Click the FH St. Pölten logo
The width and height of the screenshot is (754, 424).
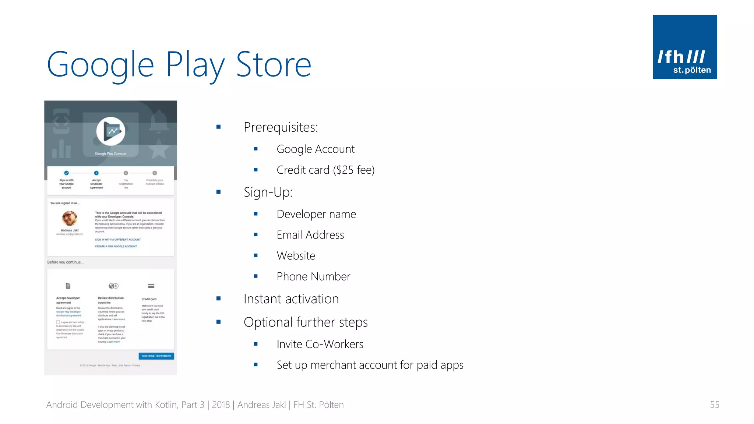(684, 47)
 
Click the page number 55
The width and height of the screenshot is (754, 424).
(714, 405)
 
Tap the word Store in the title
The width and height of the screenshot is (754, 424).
(274, 65)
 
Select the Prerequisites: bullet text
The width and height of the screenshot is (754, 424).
(281, 127)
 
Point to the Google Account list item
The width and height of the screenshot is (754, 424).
(316, 149)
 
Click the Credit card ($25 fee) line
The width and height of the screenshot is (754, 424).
(325, 170)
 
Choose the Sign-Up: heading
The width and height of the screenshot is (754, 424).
(268, 192)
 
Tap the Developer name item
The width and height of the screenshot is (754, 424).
(316, 214)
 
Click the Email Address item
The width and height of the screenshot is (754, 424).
(310, 235)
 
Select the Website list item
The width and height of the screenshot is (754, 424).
(296, 256)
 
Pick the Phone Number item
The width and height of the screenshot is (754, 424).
(313, 276)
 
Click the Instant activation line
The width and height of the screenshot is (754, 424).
(291, 299)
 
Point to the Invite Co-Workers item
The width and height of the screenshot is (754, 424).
(320, 344)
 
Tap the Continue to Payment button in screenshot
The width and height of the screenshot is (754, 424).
(156, 356)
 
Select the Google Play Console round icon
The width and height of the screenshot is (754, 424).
(111, 131)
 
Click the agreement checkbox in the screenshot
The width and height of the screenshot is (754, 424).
(58, 322)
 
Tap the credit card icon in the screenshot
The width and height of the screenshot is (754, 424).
(151, 286)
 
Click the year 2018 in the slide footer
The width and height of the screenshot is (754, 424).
(221, 405)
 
